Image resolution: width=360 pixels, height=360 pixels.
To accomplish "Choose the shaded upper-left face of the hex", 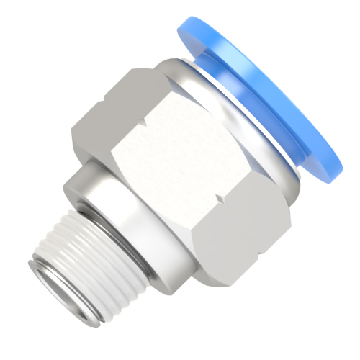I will [115, 108].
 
